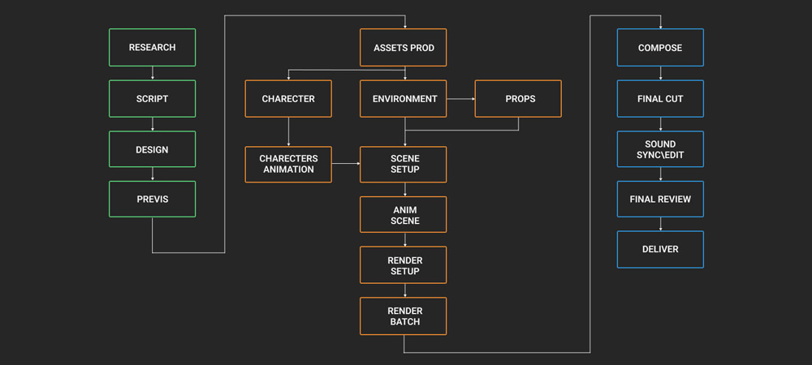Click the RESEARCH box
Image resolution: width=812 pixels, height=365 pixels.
click(152, 48)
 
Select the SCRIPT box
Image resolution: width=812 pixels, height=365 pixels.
click(152, 99)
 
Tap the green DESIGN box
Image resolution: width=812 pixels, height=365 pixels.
click(152, 150)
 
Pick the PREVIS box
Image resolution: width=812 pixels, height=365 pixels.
click(152, 199)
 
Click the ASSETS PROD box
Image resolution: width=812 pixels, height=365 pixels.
click(403, 48)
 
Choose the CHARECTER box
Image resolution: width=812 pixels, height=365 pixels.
click(288, 99)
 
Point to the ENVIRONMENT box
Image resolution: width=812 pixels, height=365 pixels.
click(403, 99)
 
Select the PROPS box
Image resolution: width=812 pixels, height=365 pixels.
click(518, 99)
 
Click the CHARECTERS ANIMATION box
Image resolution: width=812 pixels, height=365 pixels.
click(288, 164)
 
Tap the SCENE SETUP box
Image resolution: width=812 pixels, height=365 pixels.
click(403, 164)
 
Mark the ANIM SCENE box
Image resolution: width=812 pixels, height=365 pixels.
click(403, 215)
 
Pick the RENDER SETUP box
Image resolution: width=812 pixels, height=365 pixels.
click(403, 265)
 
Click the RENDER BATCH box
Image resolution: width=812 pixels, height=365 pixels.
click(403, 316)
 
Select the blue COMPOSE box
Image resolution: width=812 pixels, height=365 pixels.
click(660, 48)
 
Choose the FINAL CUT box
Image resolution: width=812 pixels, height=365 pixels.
click(660, 99)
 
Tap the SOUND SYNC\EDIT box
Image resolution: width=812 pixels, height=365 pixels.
click(660, 150)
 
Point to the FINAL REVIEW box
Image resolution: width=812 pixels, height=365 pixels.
click(660, 199)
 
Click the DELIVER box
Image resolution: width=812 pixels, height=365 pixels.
click(660, 249)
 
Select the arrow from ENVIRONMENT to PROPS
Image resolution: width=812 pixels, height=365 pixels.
click(460, 99)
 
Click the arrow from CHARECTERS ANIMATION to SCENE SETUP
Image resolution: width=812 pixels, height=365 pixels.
click(346, 164)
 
